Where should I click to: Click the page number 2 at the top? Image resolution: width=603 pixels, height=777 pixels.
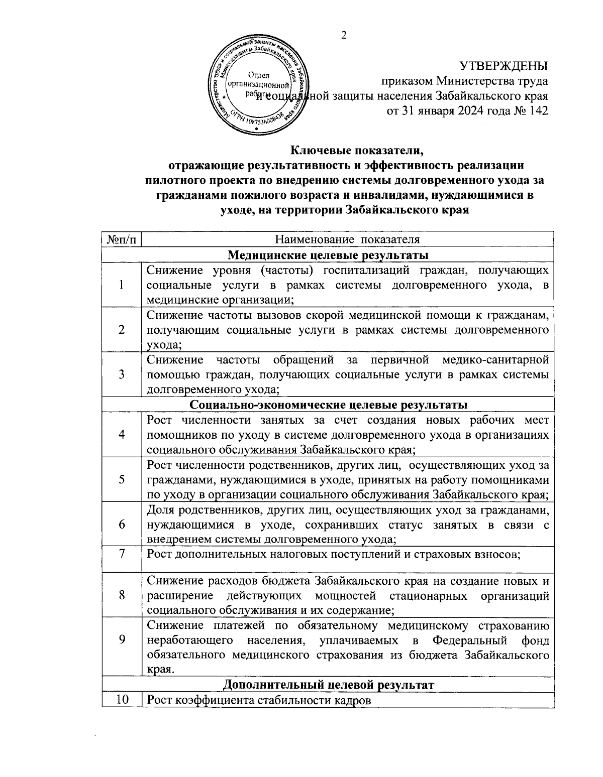[x=344, y=35]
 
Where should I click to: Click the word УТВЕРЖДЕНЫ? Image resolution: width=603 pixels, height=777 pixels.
[x=504, y=66]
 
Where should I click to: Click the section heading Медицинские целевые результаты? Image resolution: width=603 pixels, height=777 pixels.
[x=328, y=255]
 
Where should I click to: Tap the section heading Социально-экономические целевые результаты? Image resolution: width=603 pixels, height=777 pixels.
[x=329, y=404]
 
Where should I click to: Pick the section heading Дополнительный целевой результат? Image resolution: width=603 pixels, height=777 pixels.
[x=328, y=685]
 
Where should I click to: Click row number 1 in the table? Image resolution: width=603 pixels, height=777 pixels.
[x=122, y=285]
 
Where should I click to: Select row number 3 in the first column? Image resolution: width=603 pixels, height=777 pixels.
[x=122, y=374]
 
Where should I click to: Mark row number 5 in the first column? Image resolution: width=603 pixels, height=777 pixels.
[x=122, y=479]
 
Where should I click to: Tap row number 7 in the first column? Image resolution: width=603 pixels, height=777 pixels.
[x=122, y=554]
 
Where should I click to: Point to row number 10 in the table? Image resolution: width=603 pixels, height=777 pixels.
[x=122, y=700]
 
